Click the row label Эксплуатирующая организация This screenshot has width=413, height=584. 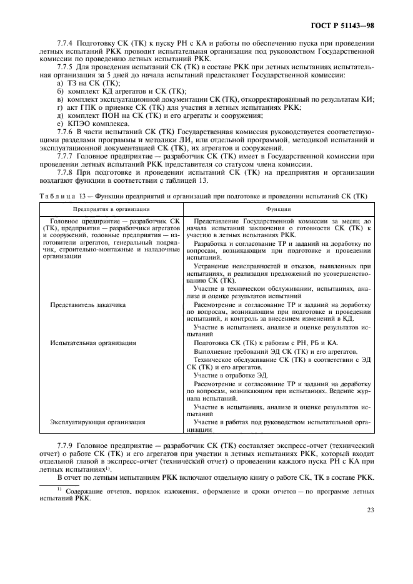(x=97, y=422)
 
